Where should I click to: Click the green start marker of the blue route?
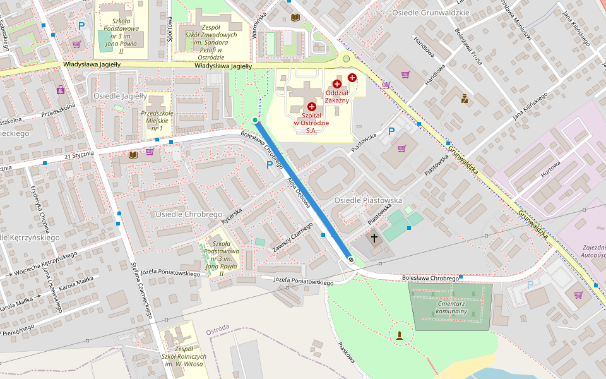pos(255,120)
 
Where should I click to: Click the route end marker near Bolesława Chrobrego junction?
pos(351,260)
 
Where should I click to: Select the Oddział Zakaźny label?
pos(336,96)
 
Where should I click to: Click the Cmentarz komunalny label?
pos(451,307)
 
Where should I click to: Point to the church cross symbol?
pos(374,238)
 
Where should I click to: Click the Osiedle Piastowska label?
pos(368,200)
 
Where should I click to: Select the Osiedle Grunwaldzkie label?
pos(431,13)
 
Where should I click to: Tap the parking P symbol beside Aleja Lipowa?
pos(270,164)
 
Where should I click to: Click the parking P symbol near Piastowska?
pos(391,131)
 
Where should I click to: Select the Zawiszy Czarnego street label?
pos(293,239)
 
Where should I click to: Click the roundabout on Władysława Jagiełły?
pos(346,59)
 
